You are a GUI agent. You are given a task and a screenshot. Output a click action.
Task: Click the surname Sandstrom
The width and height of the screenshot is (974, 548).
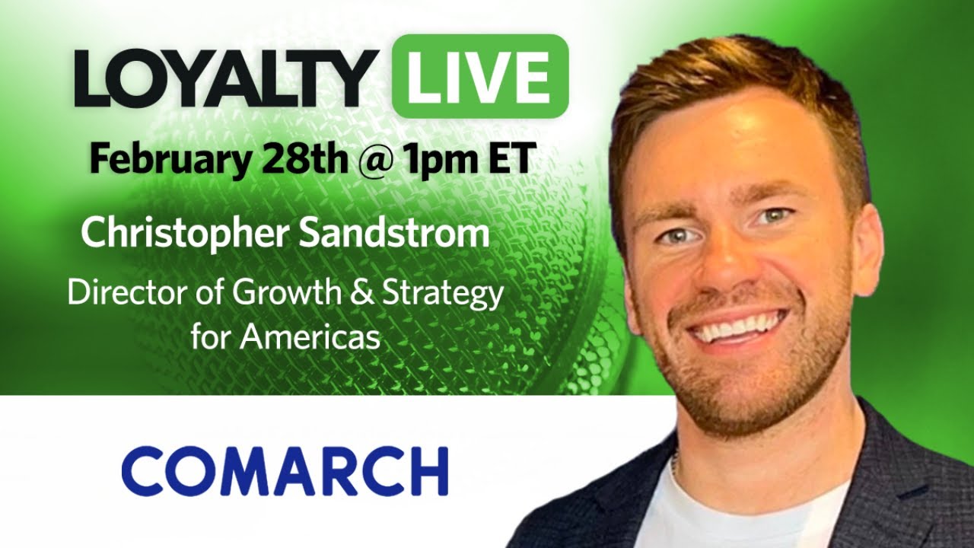click(x=393, y=233)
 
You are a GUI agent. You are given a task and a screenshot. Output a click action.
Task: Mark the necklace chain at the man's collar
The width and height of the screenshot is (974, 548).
click(x=676, y=464)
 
